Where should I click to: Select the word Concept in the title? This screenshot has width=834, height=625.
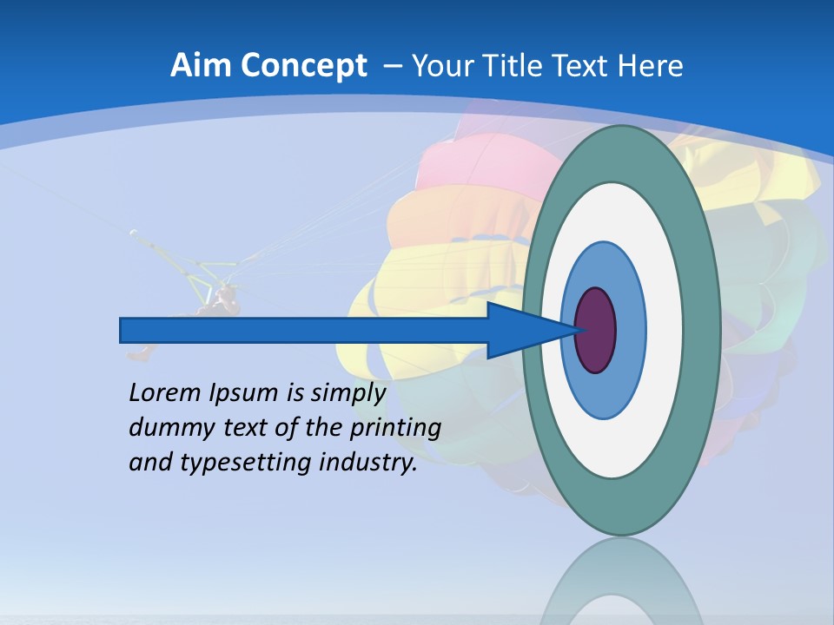pos(302,66)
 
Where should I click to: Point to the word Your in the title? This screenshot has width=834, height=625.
pos(442,66)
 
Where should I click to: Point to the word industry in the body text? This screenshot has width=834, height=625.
pos(368,463)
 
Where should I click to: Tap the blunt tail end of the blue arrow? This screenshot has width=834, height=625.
pos(124,330)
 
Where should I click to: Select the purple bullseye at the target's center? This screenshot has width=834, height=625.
pos(597,330)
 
